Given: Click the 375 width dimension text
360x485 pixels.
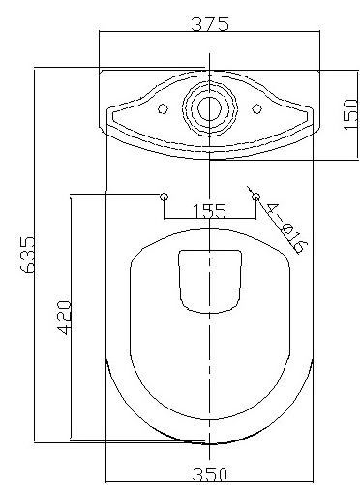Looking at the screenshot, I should tap(209, 25).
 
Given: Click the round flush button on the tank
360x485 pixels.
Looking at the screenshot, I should tap(209, 108).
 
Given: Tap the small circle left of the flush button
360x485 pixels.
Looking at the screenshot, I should tap(163, 108).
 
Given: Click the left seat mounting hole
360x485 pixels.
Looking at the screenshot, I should tap(164, 197).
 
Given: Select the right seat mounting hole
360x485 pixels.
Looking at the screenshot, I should tap(255, 197).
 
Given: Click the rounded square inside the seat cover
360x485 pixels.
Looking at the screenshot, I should tap(209, 280).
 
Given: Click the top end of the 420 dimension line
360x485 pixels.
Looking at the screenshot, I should tap(74, 196).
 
